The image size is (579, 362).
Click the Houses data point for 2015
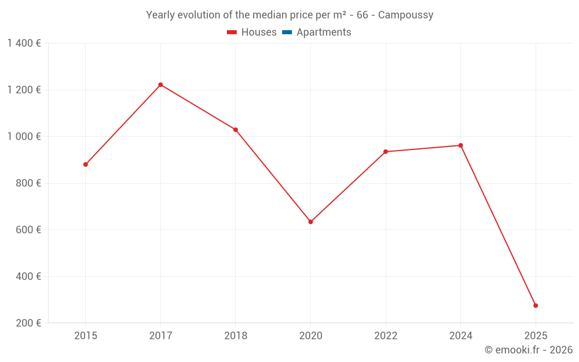(86, 164)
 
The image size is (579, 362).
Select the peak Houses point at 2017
(160, 85)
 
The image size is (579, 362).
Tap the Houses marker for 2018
(236, 130)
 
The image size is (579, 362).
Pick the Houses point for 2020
(310, 222)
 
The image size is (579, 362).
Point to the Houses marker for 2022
(386, 152)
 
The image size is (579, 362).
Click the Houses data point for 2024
(460, 145)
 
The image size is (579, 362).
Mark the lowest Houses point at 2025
(536, 305)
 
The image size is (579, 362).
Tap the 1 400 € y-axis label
(24, 43)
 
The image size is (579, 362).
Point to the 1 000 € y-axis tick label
(24, 137)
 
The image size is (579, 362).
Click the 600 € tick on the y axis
(28, 230)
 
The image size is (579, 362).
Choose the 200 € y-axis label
(28, 323)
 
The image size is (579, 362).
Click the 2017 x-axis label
(160, 335)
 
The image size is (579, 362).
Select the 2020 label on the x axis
(310, 335)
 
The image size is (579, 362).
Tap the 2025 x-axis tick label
(536, 335)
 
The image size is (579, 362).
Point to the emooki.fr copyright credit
(528, 350)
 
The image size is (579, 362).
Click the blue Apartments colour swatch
(287, 32)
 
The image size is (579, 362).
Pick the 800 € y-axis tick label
(28, 183)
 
